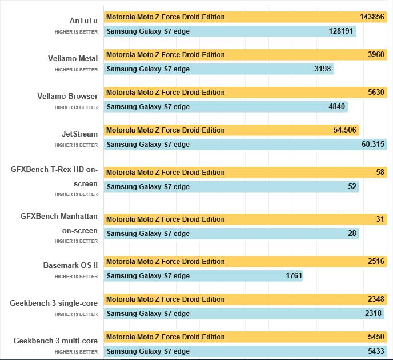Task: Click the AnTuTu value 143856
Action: coord(371,17)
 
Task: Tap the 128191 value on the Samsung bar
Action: coord(340,31)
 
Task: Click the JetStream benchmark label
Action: coord(80,134)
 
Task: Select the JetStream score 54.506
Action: coord(345,130)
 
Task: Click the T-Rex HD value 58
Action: coord(380,173)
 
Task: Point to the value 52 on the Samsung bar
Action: coord(352,187)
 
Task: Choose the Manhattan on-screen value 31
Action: coord(380,219)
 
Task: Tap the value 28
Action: coord(352,234)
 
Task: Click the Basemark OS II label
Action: coord(70,265)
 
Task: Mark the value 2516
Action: coord(376,262)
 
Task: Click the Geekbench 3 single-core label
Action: coord(54,303)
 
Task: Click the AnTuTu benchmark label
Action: coord(83,21)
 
